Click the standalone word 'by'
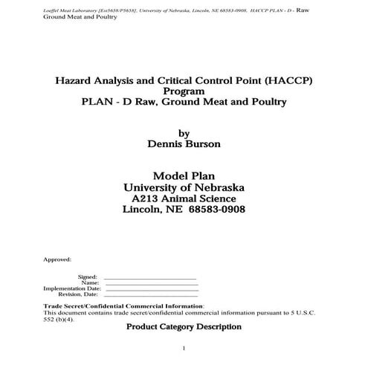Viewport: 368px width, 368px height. click(x=184, y=134)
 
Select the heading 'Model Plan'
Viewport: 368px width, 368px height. click(x=183, y=176)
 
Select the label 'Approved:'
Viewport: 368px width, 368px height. click(x=57, y=259)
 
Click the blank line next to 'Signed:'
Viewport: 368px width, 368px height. click(x=150, y=277)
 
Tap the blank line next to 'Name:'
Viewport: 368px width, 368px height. click(x=150, y=283)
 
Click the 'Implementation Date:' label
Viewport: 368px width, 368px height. click(x=71, y=288)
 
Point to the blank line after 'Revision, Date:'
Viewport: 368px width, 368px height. click(x=150, y=294)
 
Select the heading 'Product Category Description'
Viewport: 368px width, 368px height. click(x=184, y=326)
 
